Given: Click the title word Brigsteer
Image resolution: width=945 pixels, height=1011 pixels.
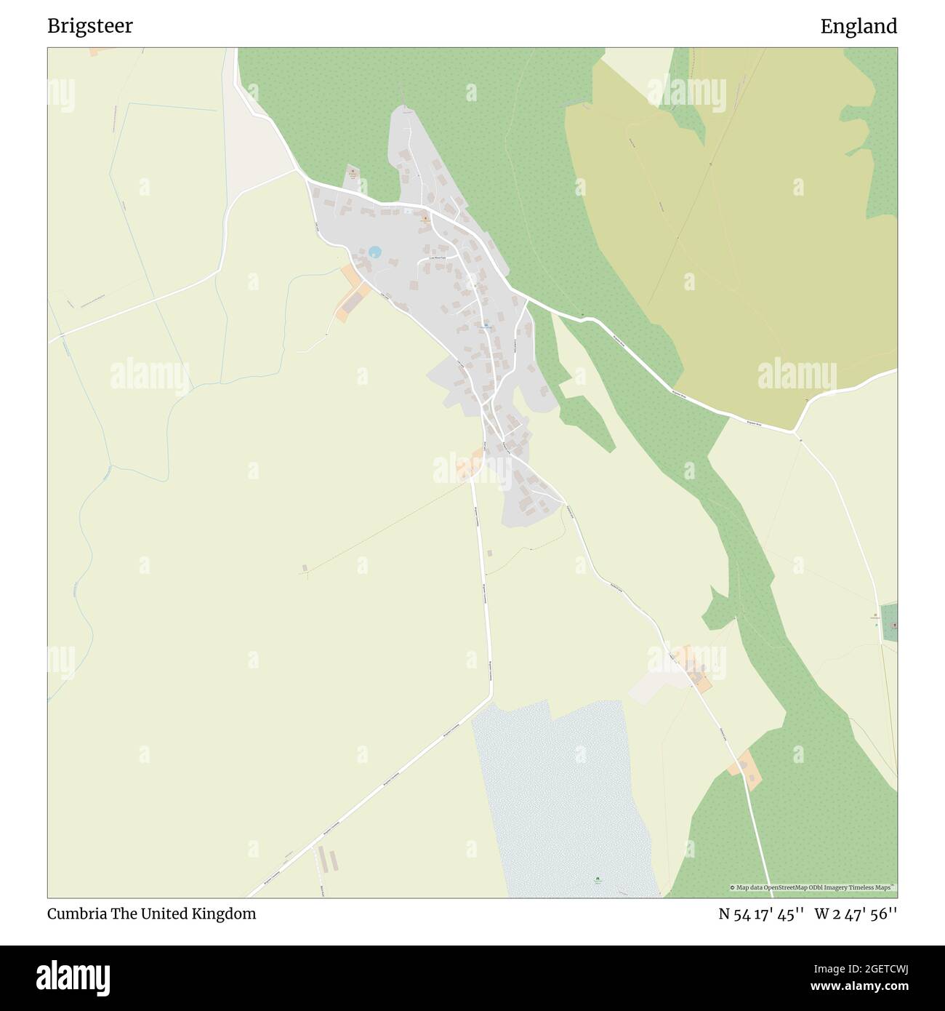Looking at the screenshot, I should point(90,27).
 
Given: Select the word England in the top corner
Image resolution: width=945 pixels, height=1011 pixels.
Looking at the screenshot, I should point(858,27).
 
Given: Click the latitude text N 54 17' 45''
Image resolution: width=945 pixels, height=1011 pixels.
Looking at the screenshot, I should point(760,914).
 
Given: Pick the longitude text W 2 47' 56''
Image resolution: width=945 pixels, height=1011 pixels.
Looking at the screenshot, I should point(856,914).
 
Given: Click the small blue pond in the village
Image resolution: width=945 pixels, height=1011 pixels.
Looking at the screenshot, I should point(374,252).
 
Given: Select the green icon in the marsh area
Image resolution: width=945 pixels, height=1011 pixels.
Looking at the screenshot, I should point(598,881).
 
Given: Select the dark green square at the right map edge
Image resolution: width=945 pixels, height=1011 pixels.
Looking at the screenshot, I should point(888,623).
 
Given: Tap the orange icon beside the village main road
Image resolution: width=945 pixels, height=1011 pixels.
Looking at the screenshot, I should point(425,218).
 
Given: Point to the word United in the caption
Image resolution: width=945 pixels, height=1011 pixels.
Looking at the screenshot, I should point(165,914).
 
